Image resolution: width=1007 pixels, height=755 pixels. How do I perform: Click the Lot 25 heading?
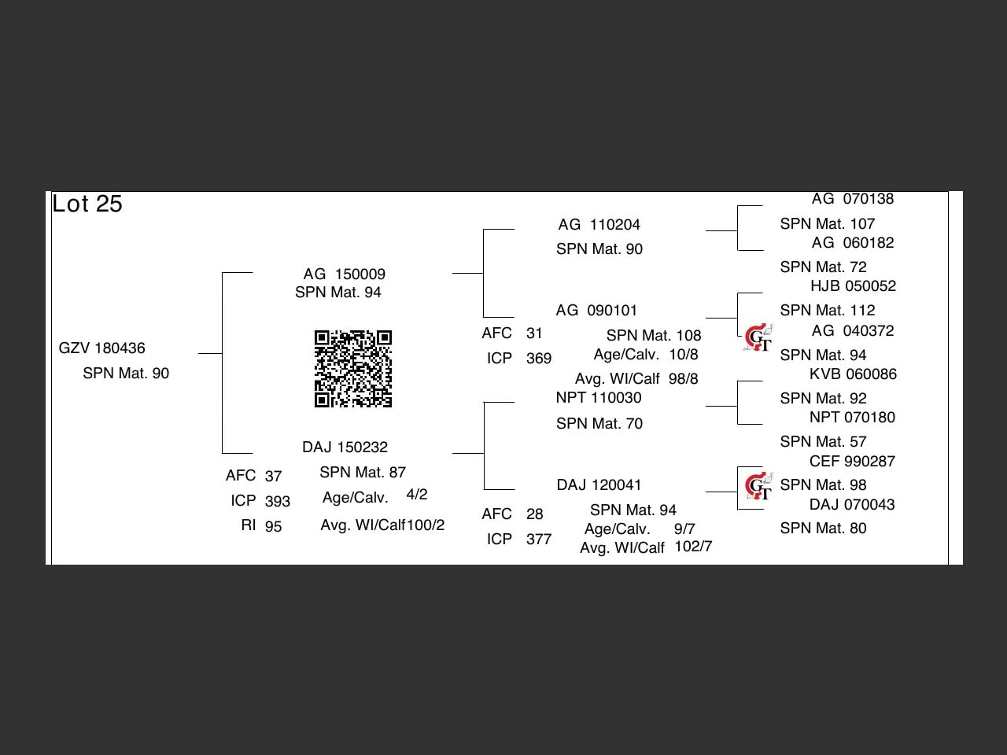point(87,204)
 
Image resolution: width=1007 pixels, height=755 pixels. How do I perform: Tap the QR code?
point(353,369)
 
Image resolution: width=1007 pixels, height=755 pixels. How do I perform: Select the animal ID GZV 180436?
point(102,348)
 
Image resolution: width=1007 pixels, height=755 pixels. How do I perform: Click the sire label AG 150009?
point(345,274)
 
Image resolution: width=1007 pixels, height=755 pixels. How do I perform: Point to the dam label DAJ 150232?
point(345,447)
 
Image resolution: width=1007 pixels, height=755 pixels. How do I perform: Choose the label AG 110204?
point(599,224)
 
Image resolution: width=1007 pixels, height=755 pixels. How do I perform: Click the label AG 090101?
point(596,310)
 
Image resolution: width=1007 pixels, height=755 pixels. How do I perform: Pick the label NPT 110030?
point(599,397)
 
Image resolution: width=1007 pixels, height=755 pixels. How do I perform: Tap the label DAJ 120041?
point(599,484)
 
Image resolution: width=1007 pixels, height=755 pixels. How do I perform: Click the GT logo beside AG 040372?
point(758,338)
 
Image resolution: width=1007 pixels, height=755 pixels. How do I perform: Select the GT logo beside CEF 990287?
point(758,486)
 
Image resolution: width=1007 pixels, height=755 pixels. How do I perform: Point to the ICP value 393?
point(278,501)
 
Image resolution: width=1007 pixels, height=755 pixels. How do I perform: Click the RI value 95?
point(273,526)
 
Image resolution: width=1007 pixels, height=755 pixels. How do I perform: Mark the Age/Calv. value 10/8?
point(684,354)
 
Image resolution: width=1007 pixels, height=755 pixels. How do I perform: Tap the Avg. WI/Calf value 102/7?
point(693,546)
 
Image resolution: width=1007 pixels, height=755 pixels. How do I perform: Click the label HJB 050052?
point(853,285)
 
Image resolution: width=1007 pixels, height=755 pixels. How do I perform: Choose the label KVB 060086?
point(853,374)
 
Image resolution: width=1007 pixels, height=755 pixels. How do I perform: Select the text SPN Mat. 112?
point(828,310)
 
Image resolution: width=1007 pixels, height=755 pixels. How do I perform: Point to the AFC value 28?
point(535,514)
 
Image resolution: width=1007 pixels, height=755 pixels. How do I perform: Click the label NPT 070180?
point(852,417)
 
